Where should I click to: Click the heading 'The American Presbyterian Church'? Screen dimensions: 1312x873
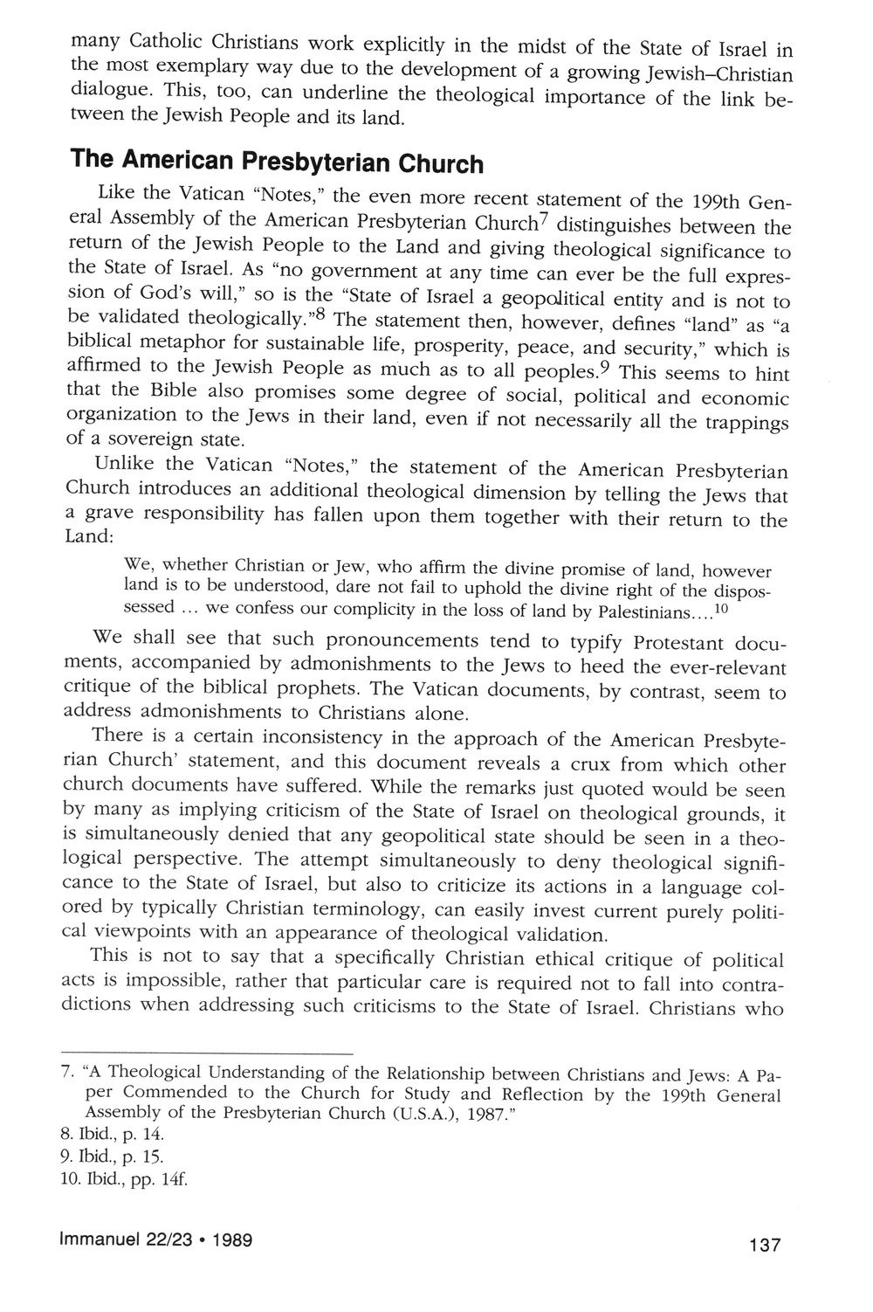[x=275, y=163]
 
